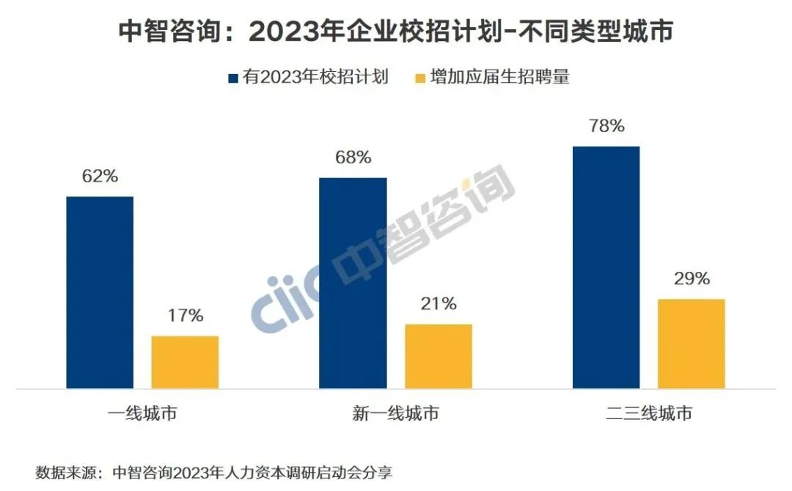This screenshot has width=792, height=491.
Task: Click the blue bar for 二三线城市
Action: tap(606, 267)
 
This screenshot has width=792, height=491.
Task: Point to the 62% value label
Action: tap(100, 177)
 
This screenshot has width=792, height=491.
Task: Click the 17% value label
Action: tap(185, 316)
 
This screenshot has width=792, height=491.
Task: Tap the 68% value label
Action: tap(353, 158)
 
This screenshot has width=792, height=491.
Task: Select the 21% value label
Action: tap(439, 303)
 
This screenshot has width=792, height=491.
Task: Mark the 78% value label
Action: tap(606, 126)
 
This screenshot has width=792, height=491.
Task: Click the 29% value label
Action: tap(691, 278)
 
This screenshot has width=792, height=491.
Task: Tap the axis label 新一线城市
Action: tap(395, 414)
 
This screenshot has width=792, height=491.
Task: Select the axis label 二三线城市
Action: tap(648, 414)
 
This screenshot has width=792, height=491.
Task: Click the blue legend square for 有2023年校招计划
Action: tap(233, 78)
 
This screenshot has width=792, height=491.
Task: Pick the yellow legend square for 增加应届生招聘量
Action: tap(420, 78)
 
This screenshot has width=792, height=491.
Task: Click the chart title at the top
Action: tap(396, 32)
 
